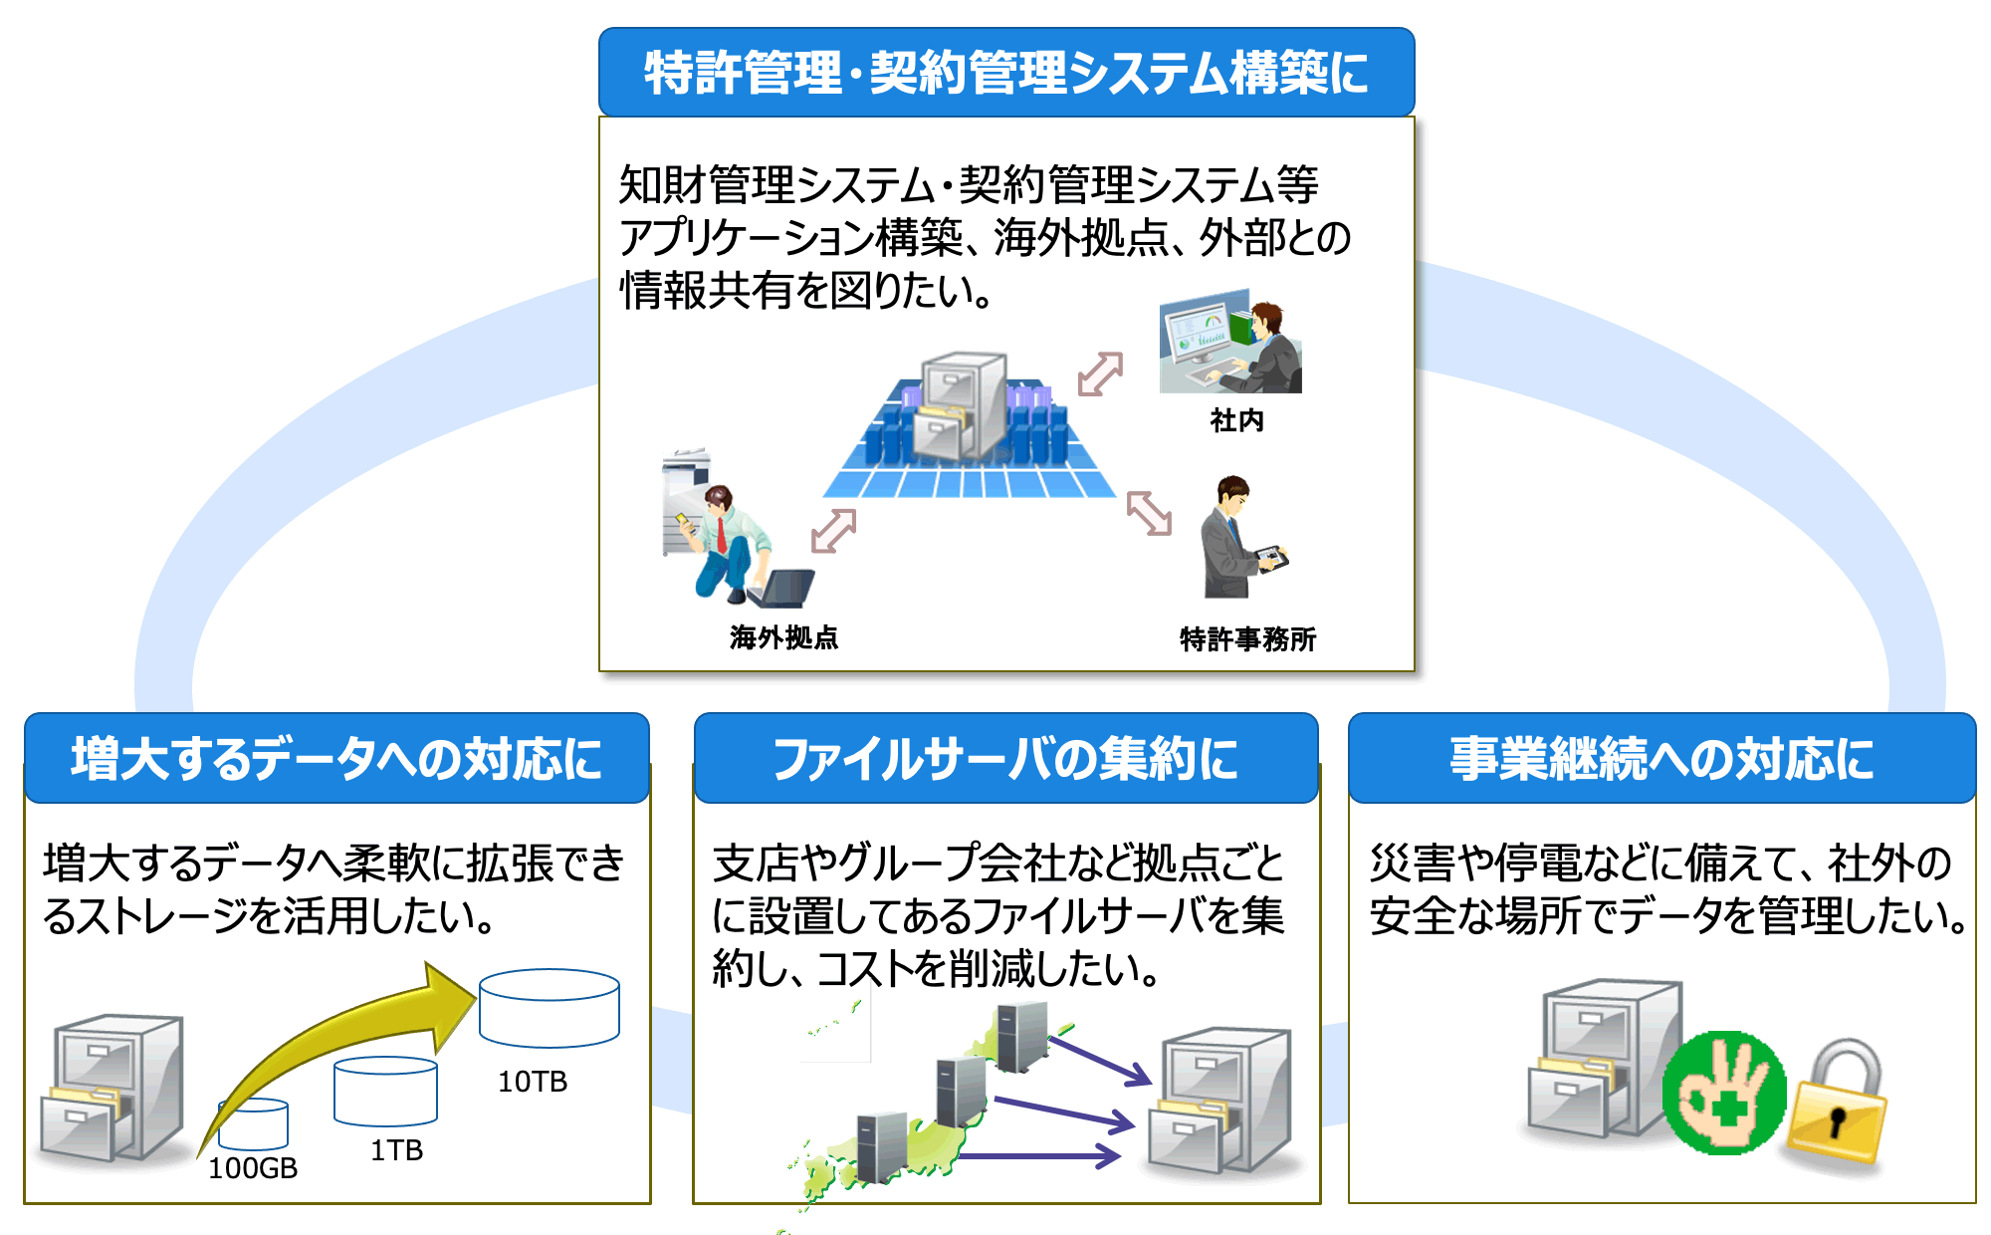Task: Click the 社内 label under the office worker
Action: click(1236, 420)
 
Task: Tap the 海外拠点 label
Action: click(783, 637)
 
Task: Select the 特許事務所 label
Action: click(1247, 638)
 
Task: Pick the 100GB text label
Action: click(253, 1168)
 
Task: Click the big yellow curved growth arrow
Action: click(338, 1036)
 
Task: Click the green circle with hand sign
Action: click(1724, 1094)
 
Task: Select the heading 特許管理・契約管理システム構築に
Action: click(1005, 73)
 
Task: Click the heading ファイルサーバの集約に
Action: click(1005, 759)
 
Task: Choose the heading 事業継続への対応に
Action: click(1661, 759)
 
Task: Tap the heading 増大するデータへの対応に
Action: click(336, 759)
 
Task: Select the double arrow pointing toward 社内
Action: click(1100, 374)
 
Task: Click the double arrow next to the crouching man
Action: click(833, 530)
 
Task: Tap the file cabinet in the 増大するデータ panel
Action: click(111, 1088)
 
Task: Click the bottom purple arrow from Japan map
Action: click(1040, 1155)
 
